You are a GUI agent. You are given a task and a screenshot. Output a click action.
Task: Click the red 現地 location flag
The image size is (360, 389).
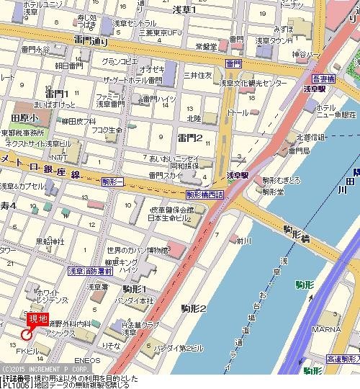pos(37,318)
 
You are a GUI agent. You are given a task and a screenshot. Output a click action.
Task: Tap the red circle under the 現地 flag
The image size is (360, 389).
pos(27,334)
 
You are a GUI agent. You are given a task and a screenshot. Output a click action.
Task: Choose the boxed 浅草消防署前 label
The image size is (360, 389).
pos(89,271)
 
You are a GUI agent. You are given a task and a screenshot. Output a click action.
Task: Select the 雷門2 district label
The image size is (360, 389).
pos(191,138)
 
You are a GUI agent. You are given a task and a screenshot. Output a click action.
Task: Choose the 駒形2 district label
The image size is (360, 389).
pos(193,308)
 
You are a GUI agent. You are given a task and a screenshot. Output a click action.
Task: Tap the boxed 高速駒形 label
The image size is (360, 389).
pos(341,357)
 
